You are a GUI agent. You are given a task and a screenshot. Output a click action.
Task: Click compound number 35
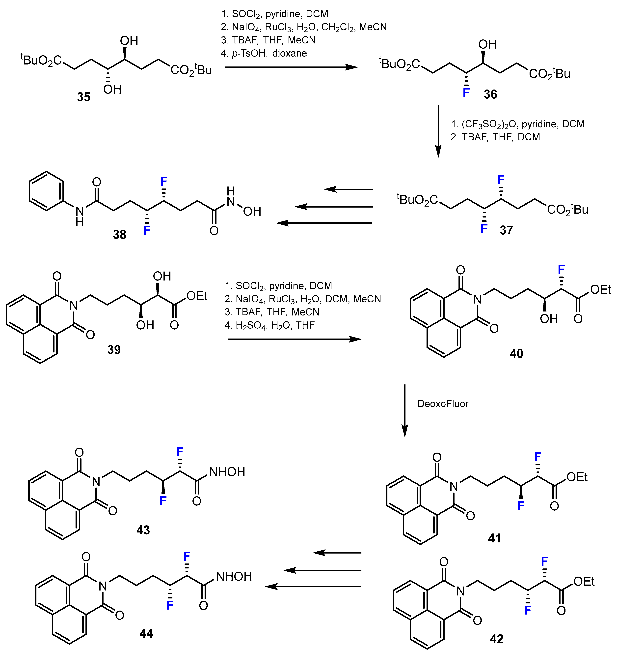[x=84, y=97]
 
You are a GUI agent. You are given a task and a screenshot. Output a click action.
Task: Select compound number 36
[x=490, y=94]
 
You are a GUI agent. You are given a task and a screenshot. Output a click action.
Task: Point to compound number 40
[x=516, y=353]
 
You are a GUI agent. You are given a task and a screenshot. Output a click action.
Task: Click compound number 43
[x=143, y=530]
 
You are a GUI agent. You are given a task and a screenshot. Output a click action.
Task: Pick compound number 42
[x=496, y=639]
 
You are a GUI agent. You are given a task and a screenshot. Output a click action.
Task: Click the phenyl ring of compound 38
[x=46, y=191]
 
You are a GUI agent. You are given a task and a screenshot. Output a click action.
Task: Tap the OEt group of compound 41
[x=577, y=477]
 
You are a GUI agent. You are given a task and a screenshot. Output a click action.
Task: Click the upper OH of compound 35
[x=129, y=41]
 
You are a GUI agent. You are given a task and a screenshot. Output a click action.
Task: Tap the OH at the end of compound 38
[x=252, y=211]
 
